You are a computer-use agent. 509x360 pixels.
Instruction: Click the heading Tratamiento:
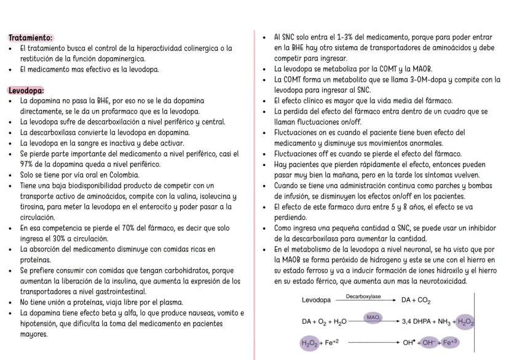point(30,37)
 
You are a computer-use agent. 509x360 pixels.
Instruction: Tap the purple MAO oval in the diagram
point(373,317)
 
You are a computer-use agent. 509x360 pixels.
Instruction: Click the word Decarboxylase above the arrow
point(363,296)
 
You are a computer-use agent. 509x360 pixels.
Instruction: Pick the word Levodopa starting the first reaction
point(317,301)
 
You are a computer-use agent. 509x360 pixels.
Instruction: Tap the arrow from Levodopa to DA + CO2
point(363,301)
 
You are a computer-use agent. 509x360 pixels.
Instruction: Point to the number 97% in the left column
point(28,164)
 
